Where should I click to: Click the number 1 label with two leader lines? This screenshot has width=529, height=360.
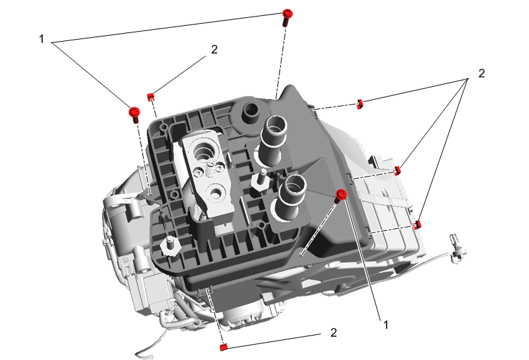42,39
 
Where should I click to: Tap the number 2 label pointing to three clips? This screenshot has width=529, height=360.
481,73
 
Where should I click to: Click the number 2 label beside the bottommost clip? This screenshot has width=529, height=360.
334,332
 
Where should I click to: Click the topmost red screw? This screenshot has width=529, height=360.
287,15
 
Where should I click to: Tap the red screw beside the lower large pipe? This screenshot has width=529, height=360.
342,195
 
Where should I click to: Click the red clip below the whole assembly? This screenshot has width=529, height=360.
223,346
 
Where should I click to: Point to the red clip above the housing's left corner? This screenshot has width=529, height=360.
151,95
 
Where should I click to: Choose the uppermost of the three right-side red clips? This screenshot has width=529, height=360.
360,103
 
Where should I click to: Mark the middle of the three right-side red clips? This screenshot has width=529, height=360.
397,171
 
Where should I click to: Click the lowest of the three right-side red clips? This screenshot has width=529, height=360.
417,225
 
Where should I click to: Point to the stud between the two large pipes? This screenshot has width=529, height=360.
262,175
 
